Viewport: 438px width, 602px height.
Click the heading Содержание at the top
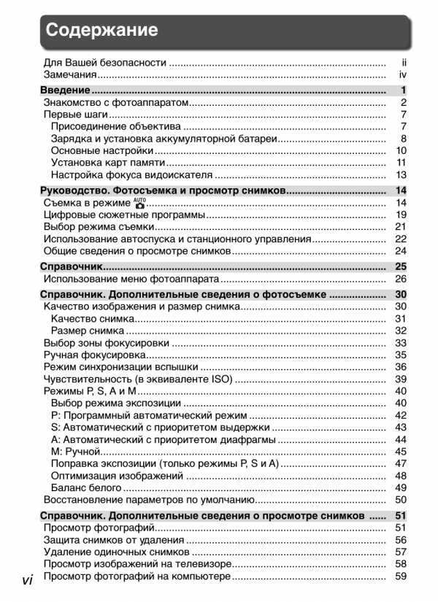pos(102,30)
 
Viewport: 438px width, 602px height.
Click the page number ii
pos(403,62)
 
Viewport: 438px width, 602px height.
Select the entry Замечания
pos(70,74)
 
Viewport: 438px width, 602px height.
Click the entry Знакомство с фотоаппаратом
pos(117,103)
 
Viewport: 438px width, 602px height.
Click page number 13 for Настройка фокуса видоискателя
pos(401,175)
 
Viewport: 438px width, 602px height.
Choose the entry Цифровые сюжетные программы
pos(124,215)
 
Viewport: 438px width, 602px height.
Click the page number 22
pos(401,239)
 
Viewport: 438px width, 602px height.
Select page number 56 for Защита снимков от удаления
pos(401,540)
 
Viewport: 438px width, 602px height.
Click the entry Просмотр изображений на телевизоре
pos(136,564)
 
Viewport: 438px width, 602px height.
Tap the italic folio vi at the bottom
pos(28,580)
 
